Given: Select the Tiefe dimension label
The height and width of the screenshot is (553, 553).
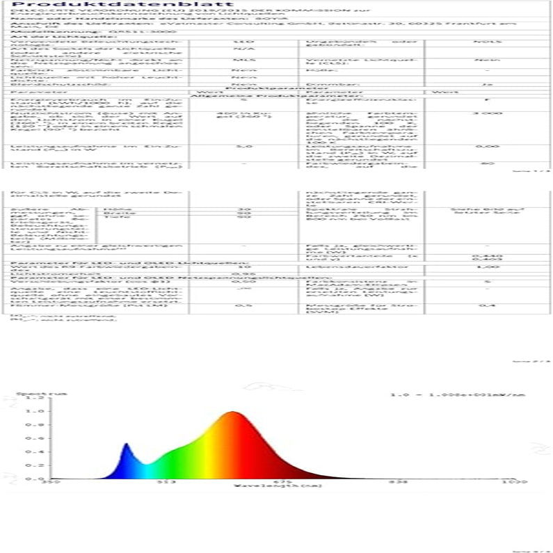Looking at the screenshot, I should [109, 218].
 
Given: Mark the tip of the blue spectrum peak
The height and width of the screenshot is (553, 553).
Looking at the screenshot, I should [126, 444].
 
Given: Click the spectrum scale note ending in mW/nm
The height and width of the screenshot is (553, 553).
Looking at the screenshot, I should [467, 395].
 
